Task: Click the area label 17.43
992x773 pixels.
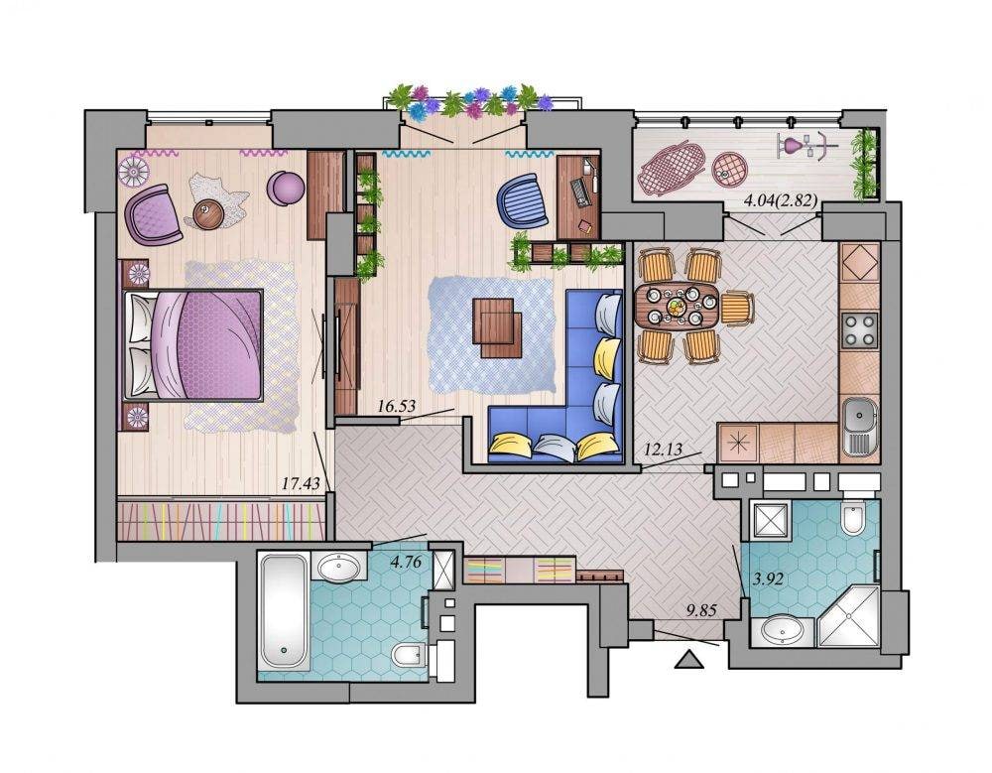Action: coord(300,483)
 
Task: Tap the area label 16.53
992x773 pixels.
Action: coord(396,406)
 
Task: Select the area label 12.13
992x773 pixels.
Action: coord(663,450)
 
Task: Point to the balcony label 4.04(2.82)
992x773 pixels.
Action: coord(780,201)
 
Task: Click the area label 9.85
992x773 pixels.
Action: coord(701,610)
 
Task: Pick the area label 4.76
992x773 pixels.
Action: coord(406,562)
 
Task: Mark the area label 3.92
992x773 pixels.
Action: coord(769,579)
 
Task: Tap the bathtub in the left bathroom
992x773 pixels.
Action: coord(284,611)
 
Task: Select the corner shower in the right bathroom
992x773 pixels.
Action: coord(849,617)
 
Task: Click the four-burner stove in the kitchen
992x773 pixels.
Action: coord(860,329)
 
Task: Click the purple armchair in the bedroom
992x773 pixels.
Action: coord(155,214)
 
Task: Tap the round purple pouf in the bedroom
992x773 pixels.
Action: coord(286,189)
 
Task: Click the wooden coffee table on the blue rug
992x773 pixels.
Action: coord(497,327)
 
